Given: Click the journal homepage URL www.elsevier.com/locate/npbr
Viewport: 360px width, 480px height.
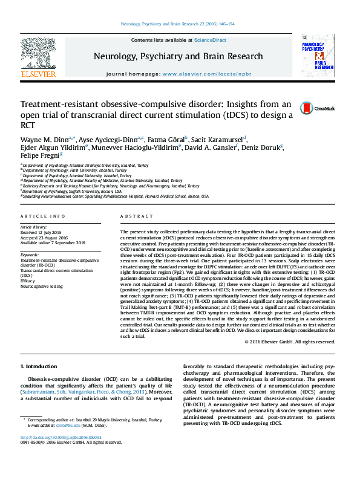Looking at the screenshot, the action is (203, 73).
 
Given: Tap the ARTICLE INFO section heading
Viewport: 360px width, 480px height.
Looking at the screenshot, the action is (42, 216).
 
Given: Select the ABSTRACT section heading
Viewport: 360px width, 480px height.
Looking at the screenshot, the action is (132, 216).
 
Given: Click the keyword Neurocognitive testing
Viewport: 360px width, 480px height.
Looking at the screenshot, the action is (41, 287).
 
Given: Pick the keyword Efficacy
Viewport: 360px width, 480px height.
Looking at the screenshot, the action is (28, 281).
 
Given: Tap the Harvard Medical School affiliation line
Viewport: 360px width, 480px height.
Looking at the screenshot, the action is (115, 196).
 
